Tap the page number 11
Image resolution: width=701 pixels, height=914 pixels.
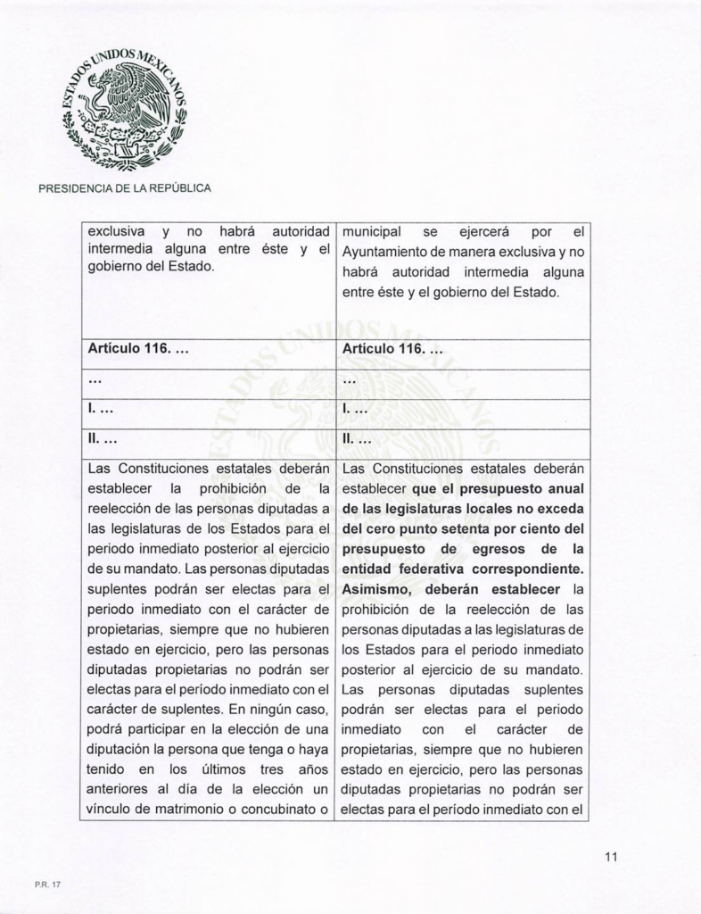tap(611, 858)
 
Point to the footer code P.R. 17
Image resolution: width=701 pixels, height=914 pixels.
tap(46, 885)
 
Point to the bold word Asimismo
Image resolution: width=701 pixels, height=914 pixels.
tap(378, 589)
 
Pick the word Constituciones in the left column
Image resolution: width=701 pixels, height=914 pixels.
tap(177, 467)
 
